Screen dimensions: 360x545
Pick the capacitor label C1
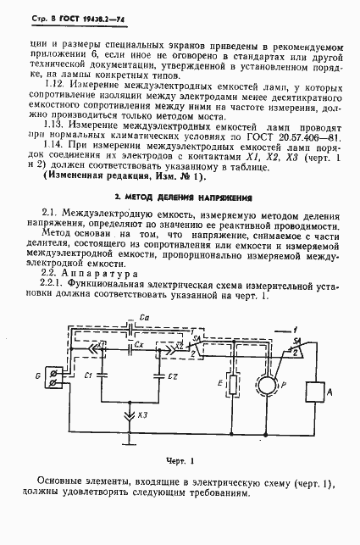(88, 375)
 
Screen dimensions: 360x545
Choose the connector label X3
(143, 415)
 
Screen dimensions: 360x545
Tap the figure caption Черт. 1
(180, 460)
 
